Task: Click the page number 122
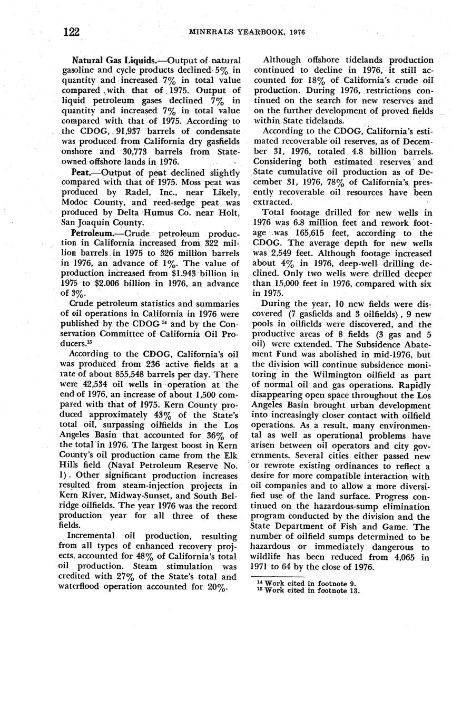(x=71, y=32)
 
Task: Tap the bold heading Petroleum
(x=92, y=234)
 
